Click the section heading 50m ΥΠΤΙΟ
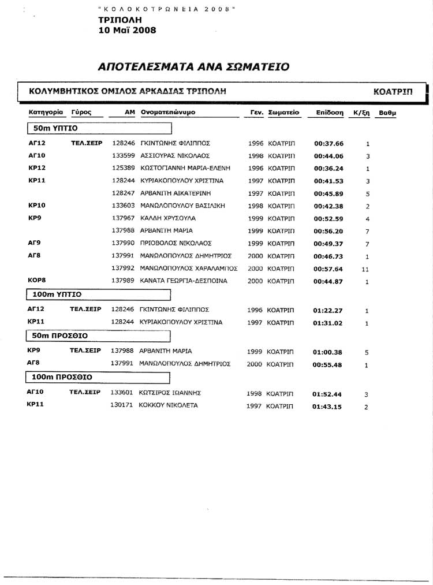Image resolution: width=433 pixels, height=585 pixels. point(56,128)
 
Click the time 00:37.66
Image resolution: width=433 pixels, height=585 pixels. point(328,144)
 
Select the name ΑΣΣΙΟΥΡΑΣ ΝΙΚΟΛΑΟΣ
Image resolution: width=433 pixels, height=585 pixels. point(174,156)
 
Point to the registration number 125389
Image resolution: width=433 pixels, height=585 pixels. point(123,168)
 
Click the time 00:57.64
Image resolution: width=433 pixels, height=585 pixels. point(328,269)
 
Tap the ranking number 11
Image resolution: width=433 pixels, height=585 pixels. point(365,269)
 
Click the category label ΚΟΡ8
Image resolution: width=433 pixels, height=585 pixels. point(37,280)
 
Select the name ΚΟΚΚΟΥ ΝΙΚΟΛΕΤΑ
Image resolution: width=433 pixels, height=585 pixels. point(169,405)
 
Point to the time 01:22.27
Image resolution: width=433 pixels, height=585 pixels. point(328,311)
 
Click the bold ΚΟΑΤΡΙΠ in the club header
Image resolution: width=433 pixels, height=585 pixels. point(393,91)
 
